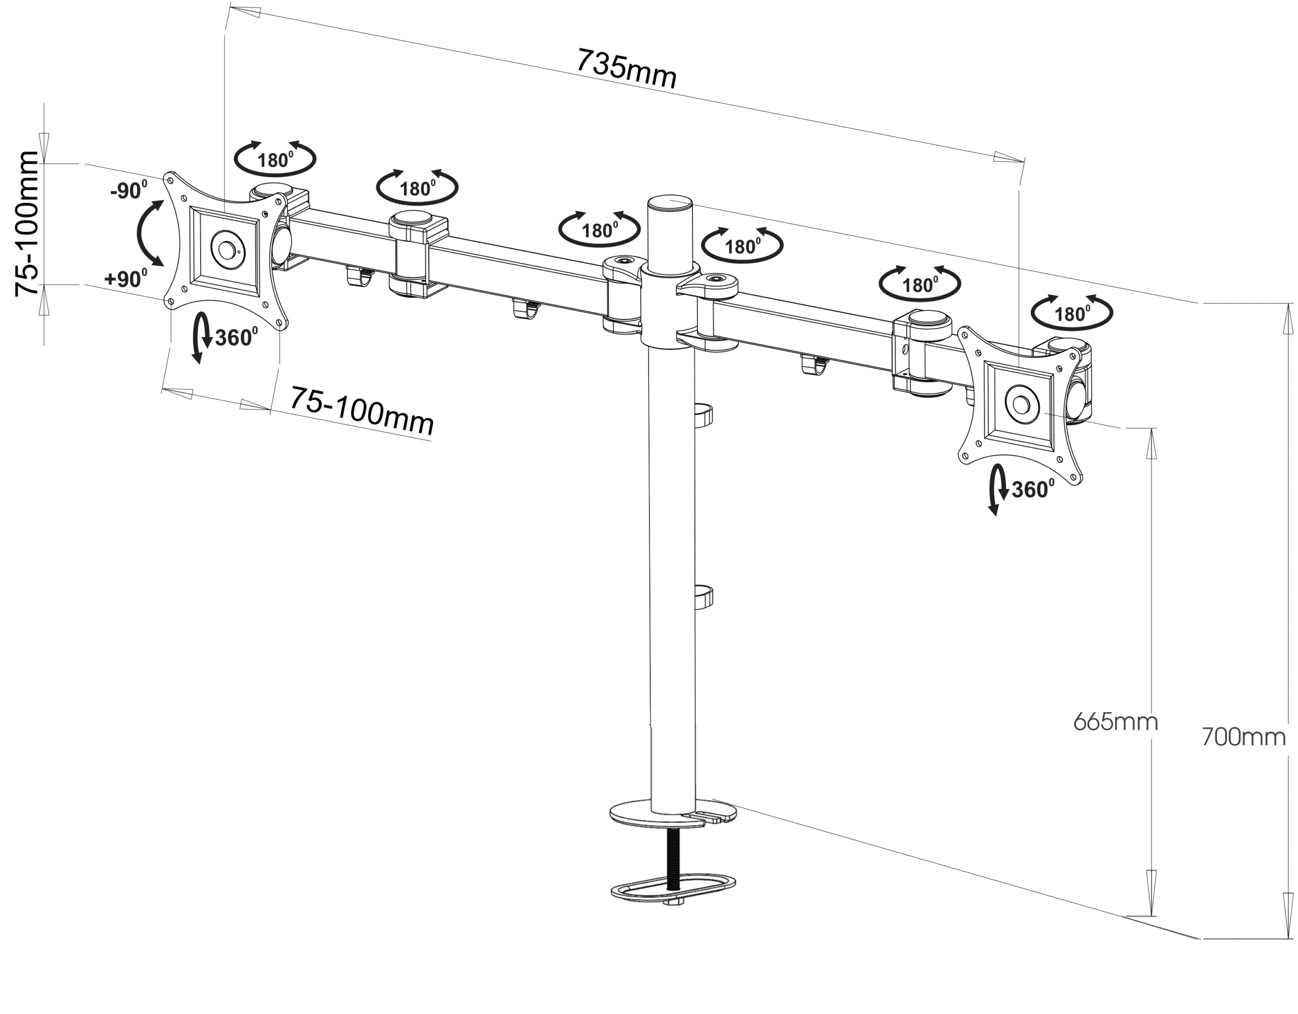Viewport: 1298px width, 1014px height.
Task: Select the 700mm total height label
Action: coord(1243,737)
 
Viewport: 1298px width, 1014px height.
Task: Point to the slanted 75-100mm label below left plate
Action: coord(362,411)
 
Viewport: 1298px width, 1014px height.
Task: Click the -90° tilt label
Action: coord(128,190)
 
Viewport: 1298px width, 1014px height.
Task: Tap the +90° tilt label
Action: coord(125,278)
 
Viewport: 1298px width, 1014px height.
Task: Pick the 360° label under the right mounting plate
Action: coord(1033,489)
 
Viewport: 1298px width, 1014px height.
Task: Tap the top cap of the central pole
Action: coord(670,203)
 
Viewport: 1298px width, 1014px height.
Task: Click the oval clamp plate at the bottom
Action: coord(673,889)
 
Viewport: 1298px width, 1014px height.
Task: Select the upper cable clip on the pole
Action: coord(703,416)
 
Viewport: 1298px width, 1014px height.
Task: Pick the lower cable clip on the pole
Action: coord(703,597)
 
